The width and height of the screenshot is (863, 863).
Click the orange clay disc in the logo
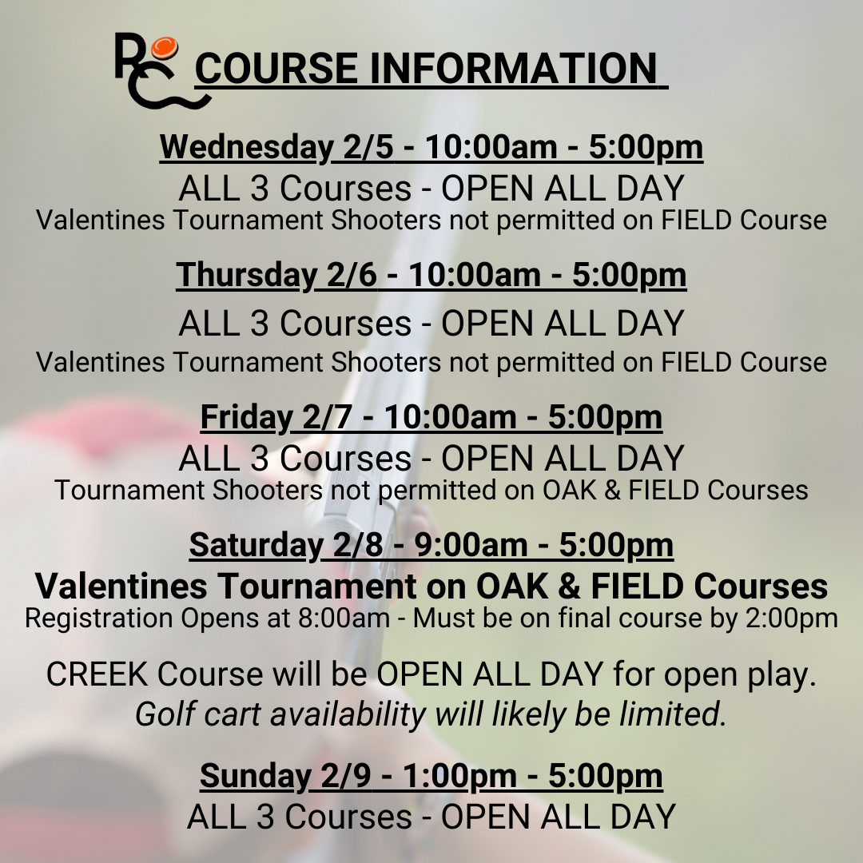coord(165,48)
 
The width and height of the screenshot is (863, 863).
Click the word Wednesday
coord(246,147)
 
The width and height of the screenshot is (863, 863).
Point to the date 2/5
coord(368,147)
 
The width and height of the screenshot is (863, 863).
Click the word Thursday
coord(247,275)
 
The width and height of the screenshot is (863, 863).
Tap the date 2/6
coord(352,275)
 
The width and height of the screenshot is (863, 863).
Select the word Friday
coord(246,416)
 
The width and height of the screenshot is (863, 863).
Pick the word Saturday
coord(256,545)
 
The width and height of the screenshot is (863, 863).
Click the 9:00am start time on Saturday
coord(471,545)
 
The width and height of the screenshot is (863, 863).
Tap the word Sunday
coord(255,776)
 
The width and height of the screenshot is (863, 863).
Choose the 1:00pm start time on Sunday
coord(460,776)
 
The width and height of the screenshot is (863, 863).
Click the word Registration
coord(99,618)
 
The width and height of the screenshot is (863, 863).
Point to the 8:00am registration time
coord(344,618)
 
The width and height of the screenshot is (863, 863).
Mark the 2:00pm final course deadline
coord(791,618)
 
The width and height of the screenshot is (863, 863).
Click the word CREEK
coord(97,674)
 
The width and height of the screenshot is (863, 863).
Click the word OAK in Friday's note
coord(570,490)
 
